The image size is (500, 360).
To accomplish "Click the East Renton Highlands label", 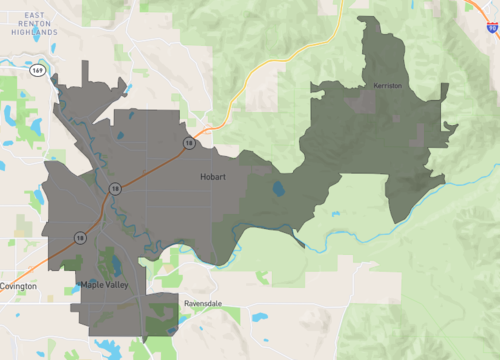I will pos(33,23).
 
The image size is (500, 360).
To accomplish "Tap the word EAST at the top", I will pos(33,14).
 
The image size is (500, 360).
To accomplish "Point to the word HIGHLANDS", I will pos(33,32).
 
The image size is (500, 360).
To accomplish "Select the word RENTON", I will pos(33,23).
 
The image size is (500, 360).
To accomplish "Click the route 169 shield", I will pos(37,71).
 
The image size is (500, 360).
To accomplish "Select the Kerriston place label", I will pos(387,86).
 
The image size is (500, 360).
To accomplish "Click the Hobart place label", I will pos(211,177).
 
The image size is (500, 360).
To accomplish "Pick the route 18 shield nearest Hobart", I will pos(188,143).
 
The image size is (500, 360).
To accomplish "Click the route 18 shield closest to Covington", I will pos(79,237).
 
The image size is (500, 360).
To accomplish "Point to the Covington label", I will pos(18,286).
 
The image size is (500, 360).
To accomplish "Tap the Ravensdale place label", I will pos(207,301).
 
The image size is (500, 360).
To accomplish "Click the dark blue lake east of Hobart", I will pos(277,188).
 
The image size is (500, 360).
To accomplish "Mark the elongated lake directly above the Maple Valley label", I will pos(113,266).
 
